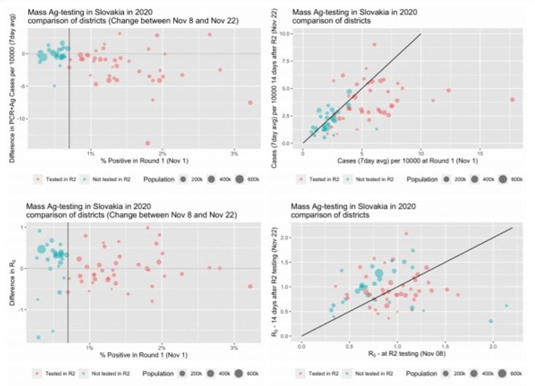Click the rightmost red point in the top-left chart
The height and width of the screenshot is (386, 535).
[250, 102]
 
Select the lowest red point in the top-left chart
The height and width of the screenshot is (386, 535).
[147, 143]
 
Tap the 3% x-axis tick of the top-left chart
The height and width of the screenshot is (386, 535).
[234, 154]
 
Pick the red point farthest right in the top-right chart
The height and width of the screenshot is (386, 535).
[512, 100]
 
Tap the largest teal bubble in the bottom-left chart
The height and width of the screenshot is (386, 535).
[42, 249]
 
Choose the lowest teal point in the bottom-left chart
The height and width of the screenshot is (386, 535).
[38, 337]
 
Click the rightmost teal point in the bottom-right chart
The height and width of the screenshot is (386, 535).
[506, 306]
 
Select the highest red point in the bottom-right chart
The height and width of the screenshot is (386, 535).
[406, 234]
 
